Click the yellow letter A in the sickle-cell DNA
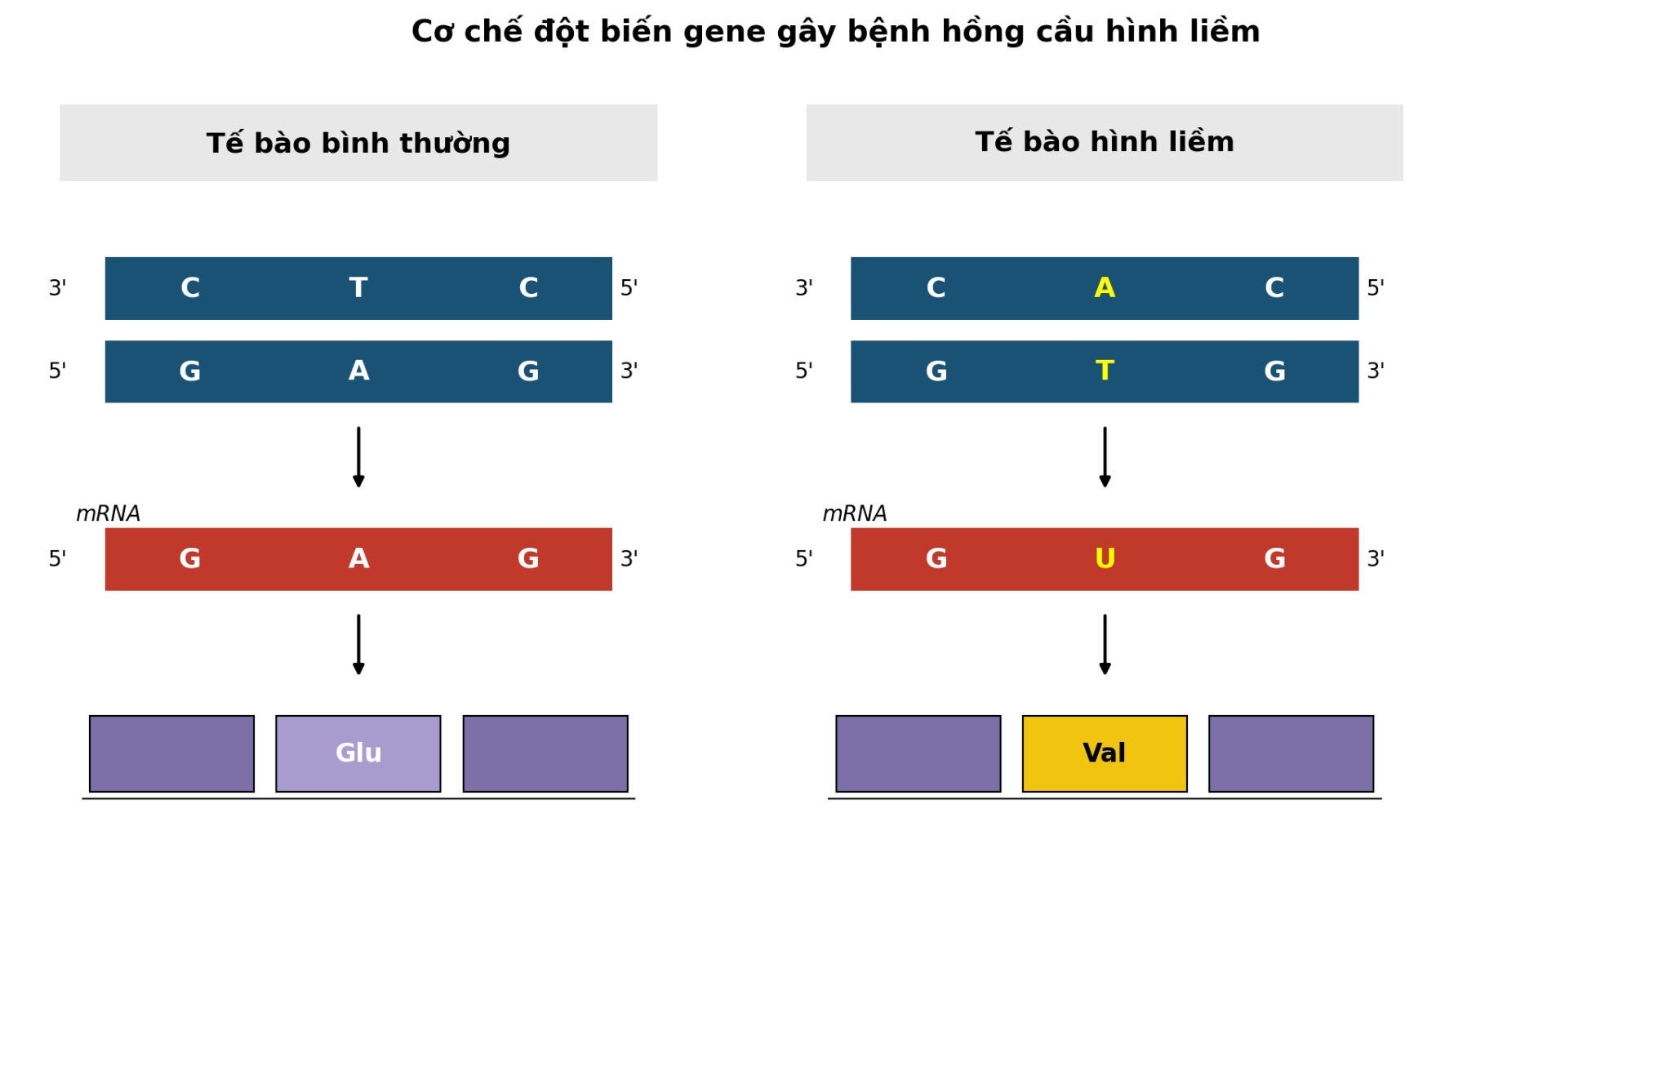pos(1105,288)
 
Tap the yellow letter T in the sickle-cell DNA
pos(1105,371)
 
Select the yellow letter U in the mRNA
pos(1105,559)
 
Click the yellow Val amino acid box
pos(1105,753)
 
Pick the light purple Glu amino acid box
pos(358,753)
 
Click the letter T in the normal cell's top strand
pos(358,288)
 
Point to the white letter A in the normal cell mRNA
pos(358,559)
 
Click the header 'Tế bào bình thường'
pos(358,144)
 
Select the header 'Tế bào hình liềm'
pos(1105,142)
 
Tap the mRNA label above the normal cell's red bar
pos(108,514)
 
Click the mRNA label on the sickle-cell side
pos(855,514)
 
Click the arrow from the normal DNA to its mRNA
pos(358,457)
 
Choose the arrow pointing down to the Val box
pos(1105,645)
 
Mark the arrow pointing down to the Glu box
pos(358,645)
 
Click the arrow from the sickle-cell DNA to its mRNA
pos(1105,457)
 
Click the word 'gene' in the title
pos(721,33)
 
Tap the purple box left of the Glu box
pos(171,753)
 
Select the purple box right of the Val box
pos(1291,753)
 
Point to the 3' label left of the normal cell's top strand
pos(57,288)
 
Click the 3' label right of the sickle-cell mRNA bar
pos(1376,559)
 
